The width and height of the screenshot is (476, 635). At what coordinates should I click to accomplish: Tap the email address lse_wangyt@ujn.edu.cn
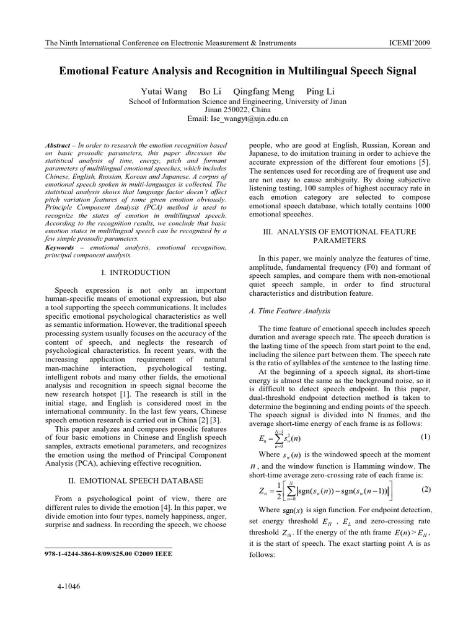tap(237, 118)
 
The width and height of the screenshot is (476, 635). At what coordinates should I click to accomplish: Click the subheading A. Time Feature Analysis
tap(289, 311)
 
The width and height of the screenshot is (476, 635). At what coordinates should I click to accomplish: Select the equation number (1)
tap(425, 437)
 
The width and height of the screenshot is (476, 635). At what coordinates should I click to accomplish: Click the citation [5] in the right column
tap(423, 162)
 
